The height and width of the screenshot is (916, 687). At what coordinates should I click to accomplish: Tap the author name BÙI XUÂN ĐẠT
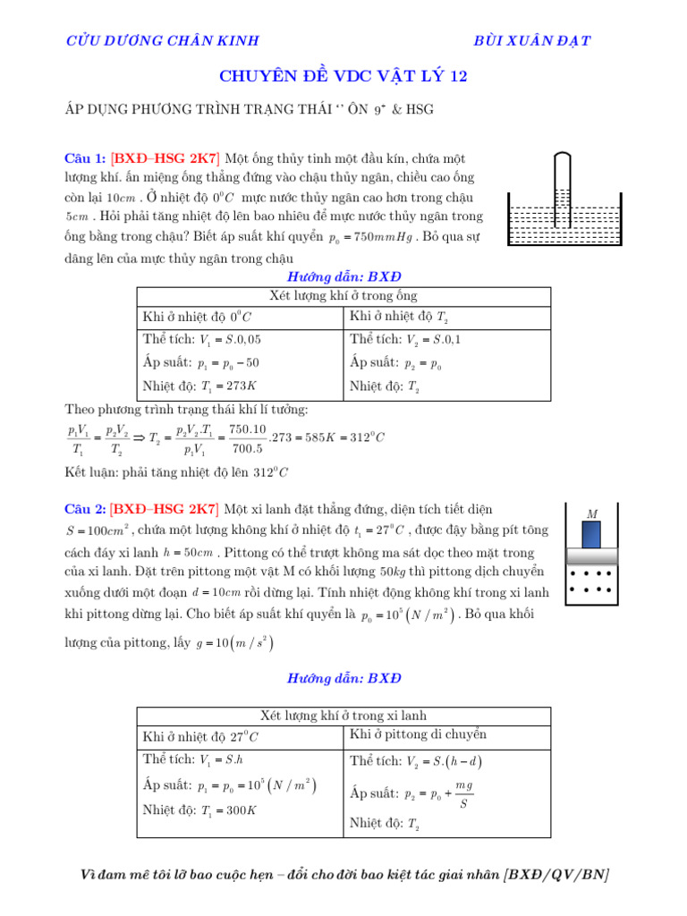(x=531, y=40)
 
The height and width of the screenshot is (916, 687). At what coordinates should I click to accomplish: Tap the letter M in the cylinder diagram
(x=591, y=514)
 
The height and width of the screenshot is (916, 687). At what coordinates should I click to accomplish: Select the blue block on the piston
(x=591, y=535)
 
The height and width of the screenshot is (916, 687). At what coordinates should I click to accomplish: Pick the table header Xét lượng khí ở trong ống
(x=343, y=296)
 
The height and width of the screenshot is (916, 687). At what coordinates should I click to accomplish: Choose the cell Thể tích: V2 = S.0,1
(x=406, y=340)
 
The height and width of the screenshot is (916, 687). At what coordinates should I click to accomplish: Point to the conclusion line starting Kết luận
(x=177, y=471)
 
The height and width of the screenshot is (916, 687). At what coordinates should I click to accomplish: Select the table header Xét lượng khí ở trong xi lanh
(x=343, y=716)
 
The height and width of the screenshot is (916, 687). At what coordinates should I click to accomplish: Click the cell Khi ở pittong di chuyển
(x=419, y=734)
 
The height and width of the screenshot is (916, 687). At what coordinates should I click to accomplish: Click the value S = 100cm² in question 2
(x=99, y=530)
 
